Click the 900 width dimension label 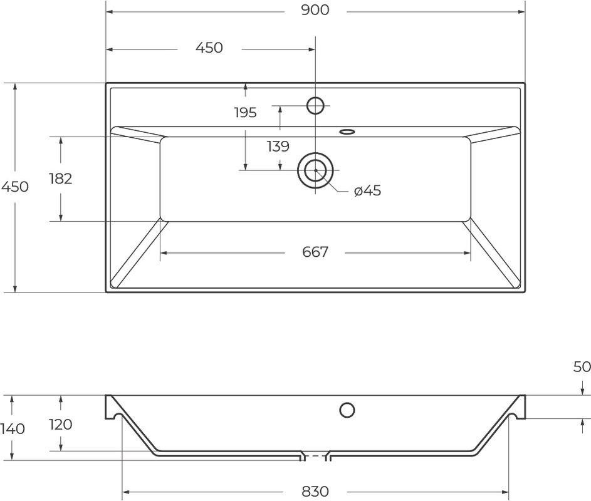pos(315,10)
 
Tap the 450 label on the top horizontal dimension pos(209,48)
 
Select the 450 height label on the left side pos(15,187)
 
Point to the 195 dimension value pos(245,113)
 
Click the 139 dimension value pos(278,146)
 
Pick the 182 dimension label pos(61,179)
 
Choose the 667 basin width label pos(315,252)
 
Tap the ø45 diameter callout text pos(367,191)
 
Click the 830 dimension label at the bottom pos(315,492)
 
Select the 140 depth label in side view pos(13,429)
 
